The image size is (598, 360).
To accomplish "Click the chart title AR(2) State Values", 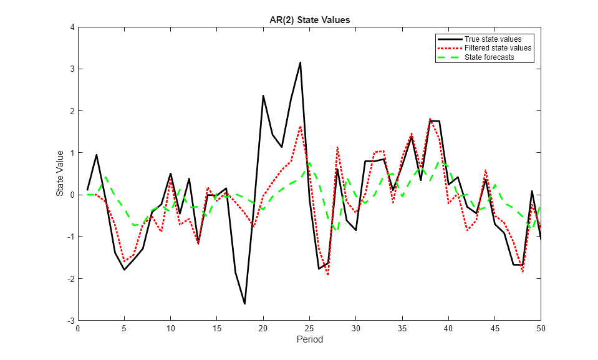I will point(305,19).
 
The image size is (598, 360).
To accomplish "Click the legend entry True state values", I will point(493,39).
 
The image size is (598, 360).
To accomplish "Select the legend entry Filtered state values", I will point(498,48).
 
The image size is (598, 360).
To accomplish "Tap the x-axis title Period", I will point(309,340).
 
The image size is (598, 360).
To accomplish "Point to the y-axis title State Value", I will point(60,173).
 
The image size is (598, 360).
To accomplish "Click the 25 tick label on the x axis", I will point(309,328).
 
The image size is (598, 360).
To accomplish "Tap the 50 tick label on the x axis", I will point(541,328).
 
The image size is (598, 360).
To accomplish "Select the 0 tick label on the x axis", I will point(78,328).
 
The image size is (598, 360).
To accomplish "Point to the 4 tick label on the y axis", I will point(72,27).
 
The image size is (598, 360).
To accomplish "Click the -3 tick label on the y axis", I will point(71,320).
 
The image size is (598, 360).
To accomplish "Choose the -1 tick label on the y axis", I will point(71,236).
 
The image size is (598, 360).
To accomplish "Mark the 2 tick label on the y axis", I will point(72,111).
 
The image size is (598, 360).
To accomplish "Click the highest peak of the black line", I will point(300,62).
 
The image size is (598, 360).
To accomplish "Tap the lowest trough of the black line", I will point(244,304).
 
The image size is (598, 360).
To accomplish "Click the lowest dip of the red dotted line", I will point(328,275).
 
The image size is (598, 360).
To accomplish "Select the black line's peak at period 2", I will point(97,155).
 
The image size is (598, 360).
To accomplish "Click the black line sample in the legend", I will point(449,39).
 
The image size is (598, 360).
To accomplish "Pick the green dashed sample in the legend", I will point(449,57).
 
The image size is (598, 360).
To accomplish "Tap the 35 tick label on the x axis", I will point(402,328).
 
